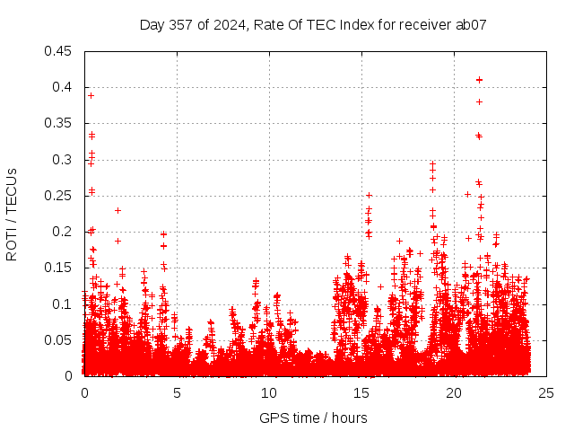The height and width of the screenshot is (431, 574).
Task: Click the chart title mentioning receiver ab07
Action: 313,25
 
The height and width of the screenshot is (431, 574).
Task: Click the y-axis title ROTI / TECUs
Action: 12,214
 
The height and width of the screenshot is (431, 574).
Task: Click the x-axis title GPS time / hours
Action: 313,418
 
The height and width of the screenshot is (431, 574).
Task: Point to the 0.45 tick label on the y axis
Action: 59,51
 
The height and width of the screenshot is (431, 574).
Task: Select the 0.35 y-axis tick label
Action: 59,123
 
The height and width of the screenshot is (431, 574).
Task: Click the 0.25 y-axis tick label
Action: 59,196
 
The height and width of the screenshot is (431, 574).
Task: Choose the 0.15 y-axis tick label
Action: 59,268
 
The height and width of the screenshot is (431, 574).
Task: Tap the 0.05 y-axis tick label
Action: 59,340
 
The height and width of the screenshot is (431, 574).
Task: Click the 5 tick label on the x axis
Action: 177,392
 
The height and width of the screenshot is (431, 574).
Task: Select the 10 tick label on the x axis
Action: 269,392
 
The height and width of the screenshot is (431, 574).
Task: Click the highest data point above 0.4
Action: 479,80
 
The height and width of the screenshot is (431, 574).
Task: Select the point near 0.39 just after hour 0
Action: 91,95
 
